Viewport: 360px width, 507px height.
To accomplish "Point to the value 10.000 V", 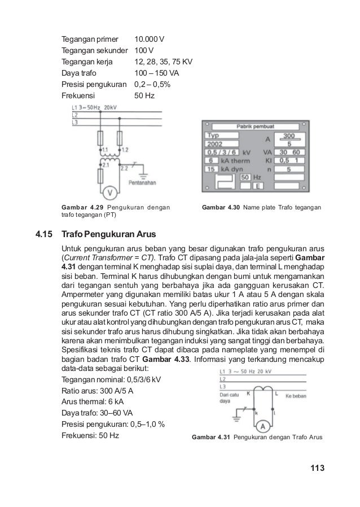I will (x=149, y=40).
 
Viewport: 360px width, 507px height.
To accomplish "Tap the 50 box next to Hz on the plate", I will (x=246, y=177).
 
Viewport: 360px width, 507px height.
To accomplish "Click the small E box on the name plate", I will (x=257, y=186).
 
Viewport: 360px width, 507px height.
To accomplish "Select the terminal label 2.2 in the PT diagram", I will (x=125, y=167).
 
